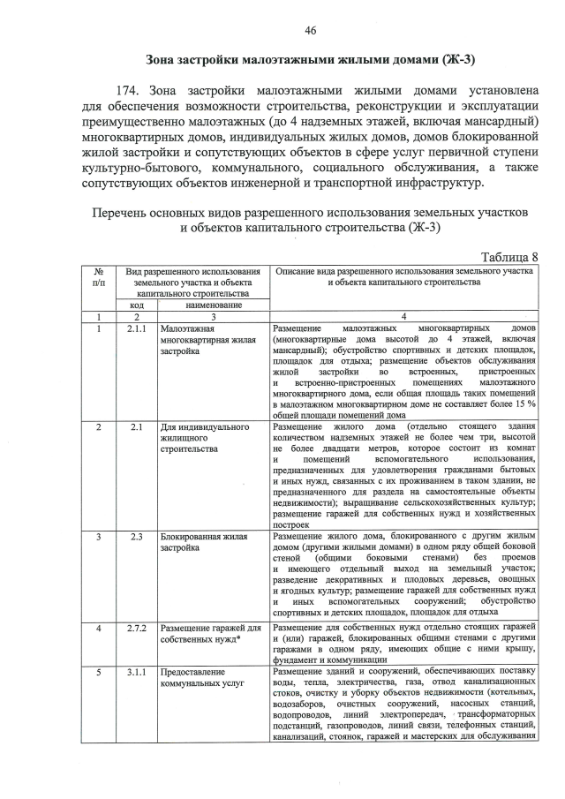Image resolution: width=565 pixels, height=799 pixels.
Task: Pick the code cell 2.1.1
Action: tap(137, 328)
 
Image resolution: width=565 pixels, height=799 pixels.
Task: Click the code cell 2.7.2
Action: tap(137, 628)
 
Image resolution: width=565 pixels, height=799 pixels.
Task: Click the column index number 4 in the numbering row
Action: tap(403, 316)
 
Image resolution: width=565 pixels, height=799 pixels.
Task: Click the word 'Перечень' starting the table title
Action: tap(119, 213)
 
